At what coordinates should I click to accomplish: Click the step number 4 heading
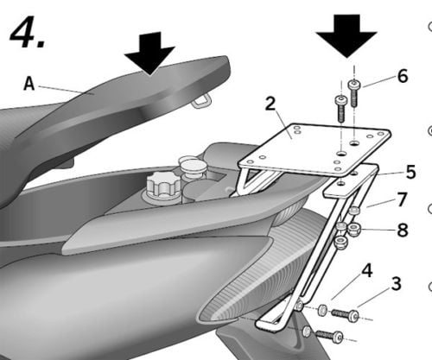pos(28,32)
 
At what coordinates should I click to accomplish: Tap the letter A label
pos(29,84)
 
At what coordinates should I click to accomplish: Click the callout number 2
pos(270,104)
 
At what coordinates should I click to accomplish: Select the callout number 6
pos(403,76)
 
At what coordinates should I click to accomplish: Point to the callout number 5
pos(410,172)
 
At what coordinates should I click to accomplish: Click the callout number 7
pos(402,199)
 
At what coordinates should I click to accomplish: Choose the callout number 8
pos(403,230)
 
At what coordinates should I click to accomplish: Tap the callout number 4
pos(366,271)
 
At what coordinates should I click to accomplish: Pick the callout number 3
pos(396,283)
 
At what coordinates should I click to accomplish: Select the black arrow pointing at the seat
pos(149,54)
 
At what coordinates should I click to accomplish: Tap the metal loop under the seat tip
pos(202,101)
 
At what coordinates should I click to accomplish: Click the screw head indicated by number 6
pos(353,85)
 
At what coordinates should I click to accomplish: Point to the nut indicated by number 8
pos(353,230)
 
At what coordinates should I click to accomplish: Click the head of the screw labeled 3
pos(354,316)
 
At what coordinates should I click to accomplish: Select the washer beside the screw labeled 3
pos(322,310)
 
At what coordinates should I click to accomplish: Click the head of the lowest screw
pos(338,337)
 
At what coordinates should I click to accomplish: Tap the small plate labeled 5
pos(350,182)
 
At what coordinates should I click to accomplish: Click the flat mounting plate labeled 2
pos(314,149)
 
